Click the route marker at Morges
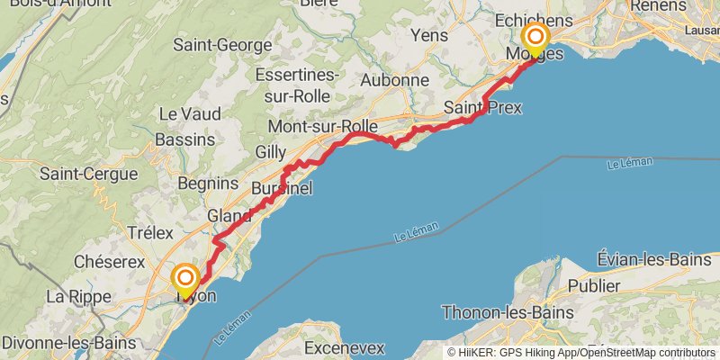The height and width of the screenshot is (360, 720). (x=535, y=38)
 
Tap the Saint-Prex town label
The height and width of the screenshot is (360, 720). (x=482, y=108)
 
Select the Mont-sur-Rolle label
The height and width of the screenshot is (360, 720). (x=322, y=127)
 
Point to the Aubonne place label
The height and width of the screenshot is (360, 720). (x=394, y=80)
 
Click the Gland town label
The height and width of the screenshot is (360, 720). (x=229, y=216)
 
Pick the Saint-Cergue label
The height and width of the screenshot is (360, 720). (x=88, y=174)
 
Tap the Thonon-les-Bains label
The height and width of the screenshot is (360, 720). (x=508, y=312)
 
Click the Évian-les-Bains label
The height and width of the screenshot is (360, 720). (x=653, y=260)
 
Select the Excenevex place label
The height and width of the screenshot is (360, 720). (x=345, y=346)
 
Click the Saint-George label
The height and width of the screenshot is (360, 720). (x=222, y=44)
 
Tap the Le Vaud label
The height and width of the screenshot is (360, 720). (x=189, y=114)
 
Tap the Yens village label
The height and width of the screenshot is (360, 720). (x=428, y=35)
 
